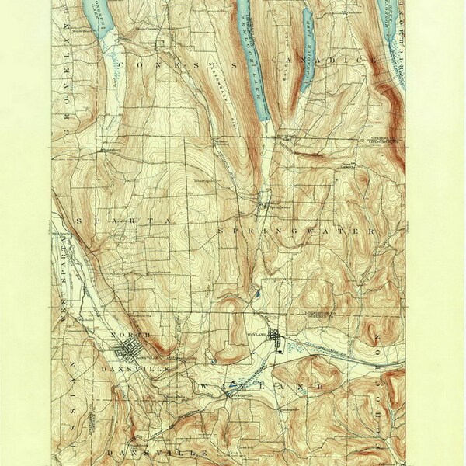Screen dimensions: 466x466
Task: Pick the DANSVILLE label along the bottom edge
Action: [155, 450]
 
